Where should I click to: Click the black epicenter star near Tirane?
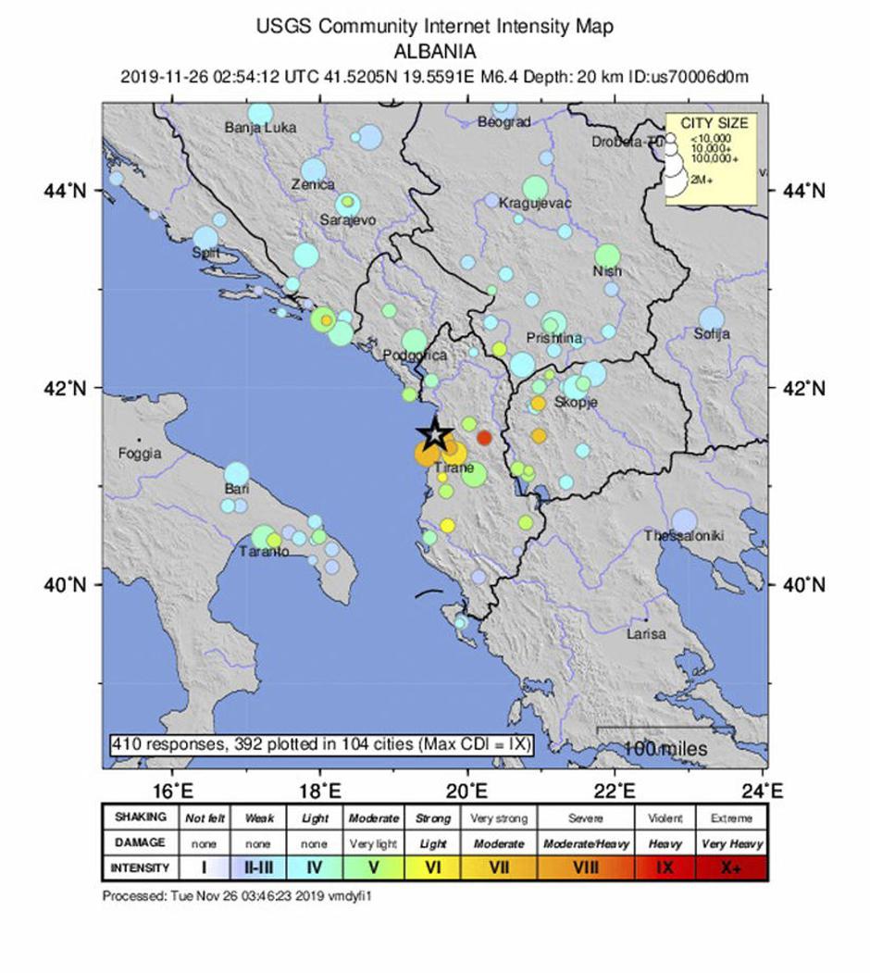point(434,434)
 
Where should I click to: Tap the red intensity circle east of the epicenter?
point(484,438)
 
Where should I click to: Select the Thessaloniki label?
point(684,536)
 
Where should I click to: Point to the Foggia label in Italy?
point(140,454)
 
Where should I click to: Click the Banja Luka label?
point(260,128)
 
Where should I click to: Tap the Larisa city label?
point(646,634)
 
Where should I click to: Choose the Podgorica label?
point(416,356)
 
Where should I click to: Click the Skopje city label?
point(575,403)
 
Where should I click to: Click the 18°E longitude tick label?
point(320,791)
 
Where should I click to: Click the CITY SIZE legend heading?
point(714,123)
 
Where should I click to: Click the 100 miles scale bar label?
point(665,748)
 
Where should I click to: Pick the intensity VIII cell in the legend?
point(586,868)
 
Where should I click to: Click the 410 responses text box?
point(321,744)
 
